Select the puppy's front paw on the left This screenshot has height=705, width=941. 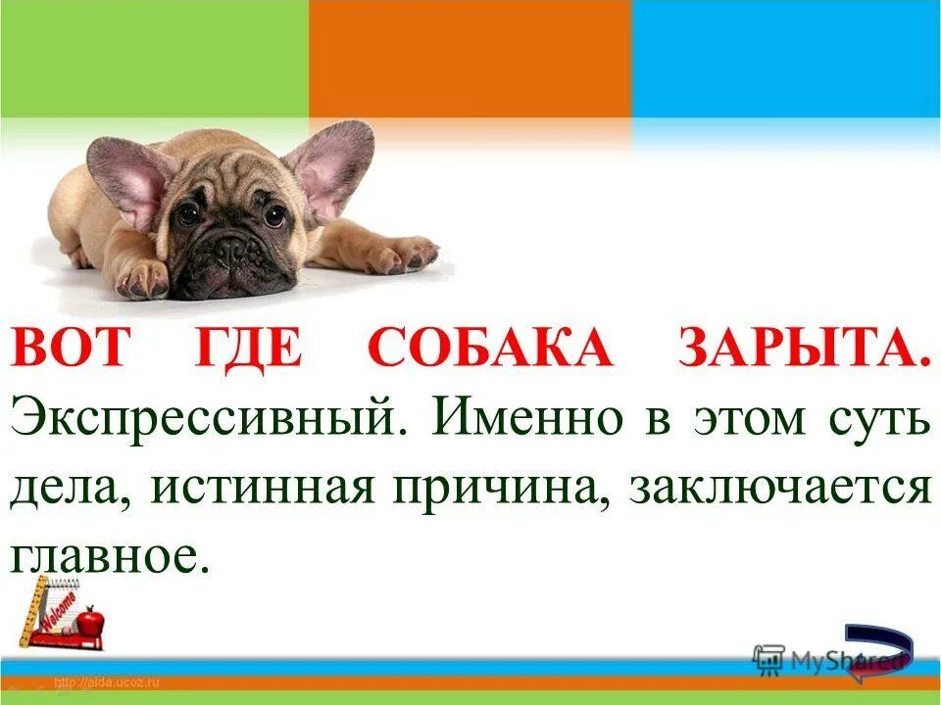[143, 279]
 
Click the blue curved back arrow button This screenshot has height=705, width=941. [878, 651]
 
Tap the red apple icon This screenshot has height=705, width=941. [91, 620]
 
